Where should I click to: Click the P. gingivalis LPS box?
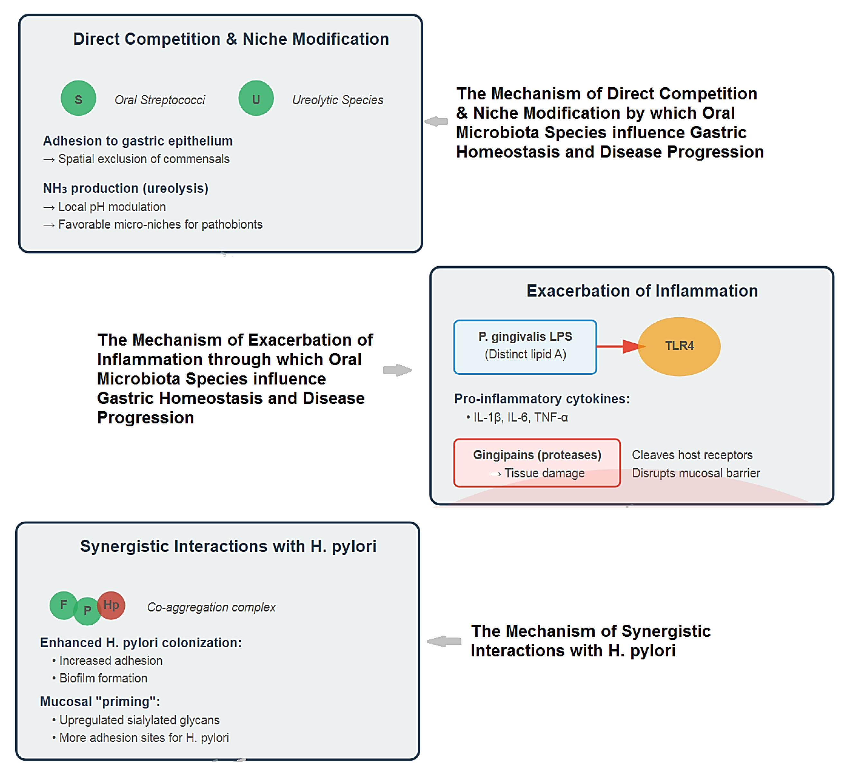[525, 346]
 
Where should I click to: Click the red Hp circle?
[111, 605]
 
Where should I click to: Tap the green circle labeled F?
[63, 605]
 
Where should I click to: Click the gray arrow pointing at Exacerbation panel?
[397, 370]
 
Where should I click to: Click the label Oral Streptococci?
[160, 100]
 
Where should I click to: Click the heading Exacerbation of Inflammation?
[642, 291]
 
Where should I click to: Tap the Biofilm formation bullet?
[103, 678]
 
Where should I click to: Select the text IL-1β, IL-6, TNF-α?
[520, 418]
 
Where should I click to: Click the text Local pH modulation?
[112, 207]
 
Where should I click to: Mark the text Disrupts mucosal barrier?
[696, 473]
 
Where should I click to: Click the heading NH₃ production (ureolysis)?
[125, 188]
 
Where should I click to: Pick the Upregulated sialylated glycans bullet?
[139, 720]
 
